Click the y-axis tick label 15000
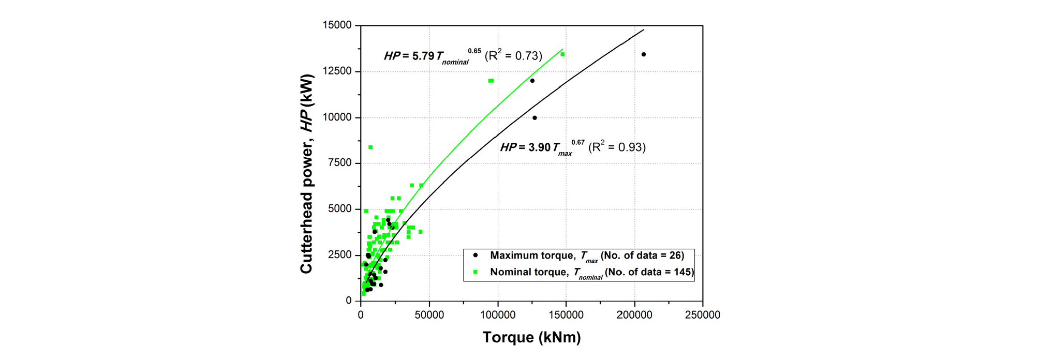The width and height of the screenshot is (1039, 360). [x=337, y=25]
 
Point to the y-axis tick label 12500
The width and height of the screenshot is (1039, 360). [x=337, y=71]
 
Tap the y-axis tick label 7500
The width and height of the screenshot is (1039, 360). [x=339, y=163]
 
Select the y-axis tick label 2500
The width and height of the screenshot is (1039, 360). [x=339, y=255]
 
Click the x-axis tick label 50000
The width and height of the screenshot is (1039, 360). [x=429, y=315]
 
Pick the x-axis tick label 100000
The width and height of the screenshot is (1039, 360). [x=497, y=315]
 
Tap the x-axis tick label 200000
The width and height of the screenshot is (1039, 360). [x=634, y=315]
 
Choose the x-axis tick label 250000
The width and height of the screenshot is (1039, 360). [x=702, y=315]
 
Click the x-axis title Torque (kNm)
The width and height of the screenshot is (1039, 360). [x=531, y=337]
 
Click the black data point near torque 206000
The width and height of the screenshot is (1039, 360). [x=644, y=54]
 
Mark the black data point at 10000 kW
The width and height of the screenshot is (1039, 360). [x=535, y=118]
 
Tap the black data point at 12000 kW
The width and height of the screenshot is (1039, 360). [x=532, y=81]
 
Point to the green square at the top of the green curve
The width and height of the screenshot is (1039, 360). [x=562, y=54]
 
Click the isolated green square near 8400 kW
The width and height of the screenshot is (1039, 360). [x=370, y=147]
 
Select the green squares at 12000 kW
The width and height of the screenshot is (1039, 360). [x=491, y=81]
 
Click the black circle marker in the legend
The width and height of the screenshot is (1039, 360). [x=475, y=255]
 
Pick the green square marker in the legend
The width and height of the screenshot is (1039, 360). [x=475, y=272]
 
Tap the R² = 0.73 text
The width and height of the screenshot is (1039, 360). [x=513, y=56]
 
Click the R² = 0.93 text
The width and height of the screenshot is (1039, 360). [x=617, y=147]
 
